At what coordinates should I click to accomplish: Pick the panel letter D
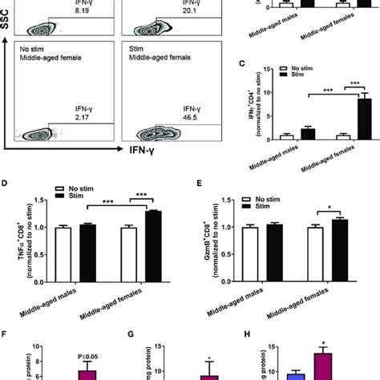tap(7, 184)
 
